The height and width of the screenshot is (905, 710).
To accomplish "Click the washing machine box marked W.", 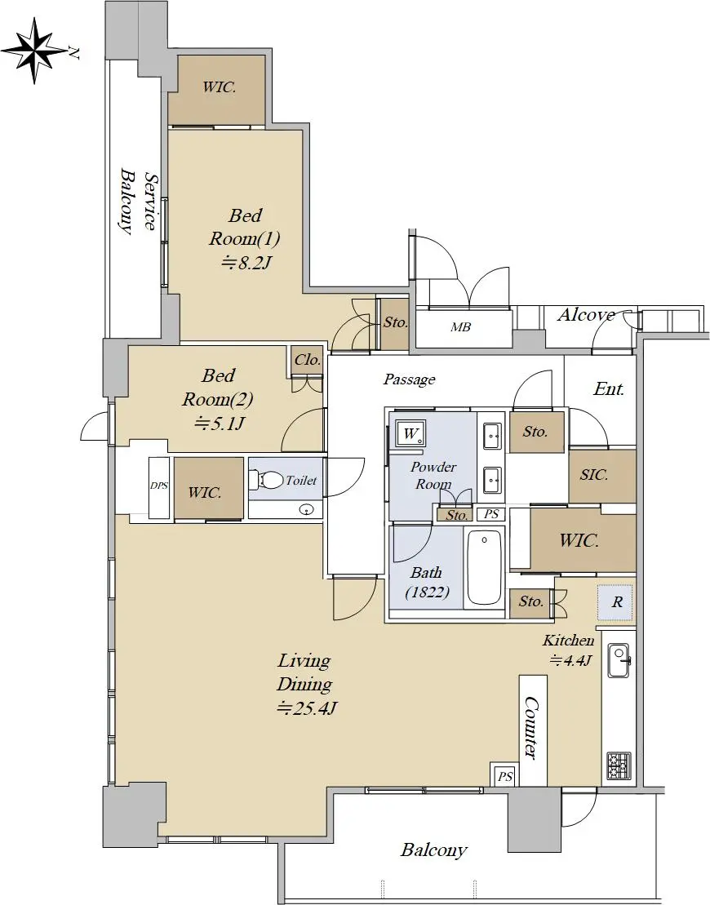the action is coord(410,433).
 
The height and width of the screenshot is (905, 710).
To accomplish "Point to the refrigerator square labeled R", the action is coord(616,602).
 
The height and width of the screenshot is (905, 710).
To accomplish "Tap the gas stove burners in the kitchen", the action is coord(619,765).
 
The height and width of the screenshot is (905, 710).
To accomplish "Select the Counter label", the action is coord(531,728).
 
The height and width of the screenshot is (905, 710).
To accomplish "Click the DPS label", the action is coord(159,486).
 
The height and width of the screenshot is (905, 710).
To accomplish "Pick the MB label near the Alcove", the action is coord(460,327).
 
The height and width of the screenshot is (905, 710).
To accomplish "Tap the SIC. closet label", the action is coord(594,474).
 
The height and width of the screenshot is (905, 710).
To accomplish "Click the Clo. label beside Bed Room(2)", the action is coord(307,360).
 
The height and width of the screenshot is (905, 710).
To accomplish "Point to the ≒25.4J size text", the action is coord(307,708).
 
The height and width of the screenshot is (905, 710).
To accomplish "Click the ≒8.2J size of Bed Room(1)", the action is coord(246,263).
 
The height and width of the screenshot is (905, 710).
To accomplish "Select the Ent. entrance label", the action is coord(609,389).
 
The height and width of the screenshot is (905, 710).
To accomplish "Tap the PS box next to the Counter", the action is coord(504,776).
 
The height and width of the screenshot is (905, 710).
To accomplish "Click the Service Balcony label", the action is coord(139,201).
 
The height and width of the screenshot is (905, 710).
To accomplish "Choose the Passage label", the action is coord(409,379).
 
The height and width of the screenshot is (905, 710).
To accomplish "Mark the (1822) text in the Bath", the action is coord(427,592).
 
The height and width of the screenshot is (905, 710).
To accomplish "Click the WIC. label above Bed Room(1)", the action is coord(219,87).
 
